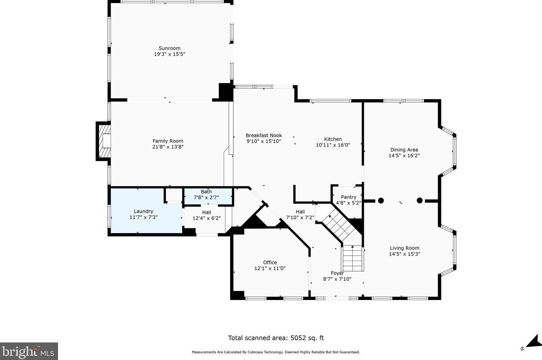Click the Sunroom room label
(x=169, y=48)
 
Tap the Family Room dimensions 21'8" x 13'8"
(x=168, y=147)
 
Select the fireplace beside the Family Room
(x=103, y=141)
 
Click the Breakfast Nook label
(x=264, y=135)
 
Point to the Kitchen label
(x=333, y=139)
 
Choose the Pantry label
(x=348, y=197)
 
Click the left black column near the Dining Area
(x=381, y=200)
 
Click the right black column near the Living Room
(x=419, y=200)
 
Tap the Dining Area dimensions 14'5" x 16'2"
(x=404, y=155)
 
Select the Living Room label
(x=404, y=248)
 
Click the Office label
(x=270, y=263)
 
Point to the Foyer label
(x=337, y=273)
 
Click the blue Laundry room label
(x=143, y=212)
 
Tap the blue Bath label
(x=206, y=191)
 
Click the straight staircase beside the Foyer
(x=353, y=258)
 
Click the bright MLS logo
(x=29, y=351)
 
